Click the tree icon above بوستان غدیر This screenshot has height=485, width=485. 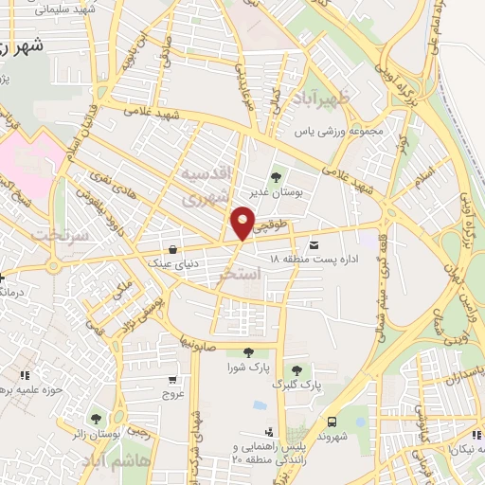[x=278, y=175]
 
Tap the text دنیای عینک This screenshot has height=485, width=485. [x=171, y=263]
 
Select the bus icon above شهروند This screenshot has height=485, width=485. [x=332, y=422]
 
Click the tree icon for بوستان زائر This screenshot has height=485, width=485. [x=95, y=418]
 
